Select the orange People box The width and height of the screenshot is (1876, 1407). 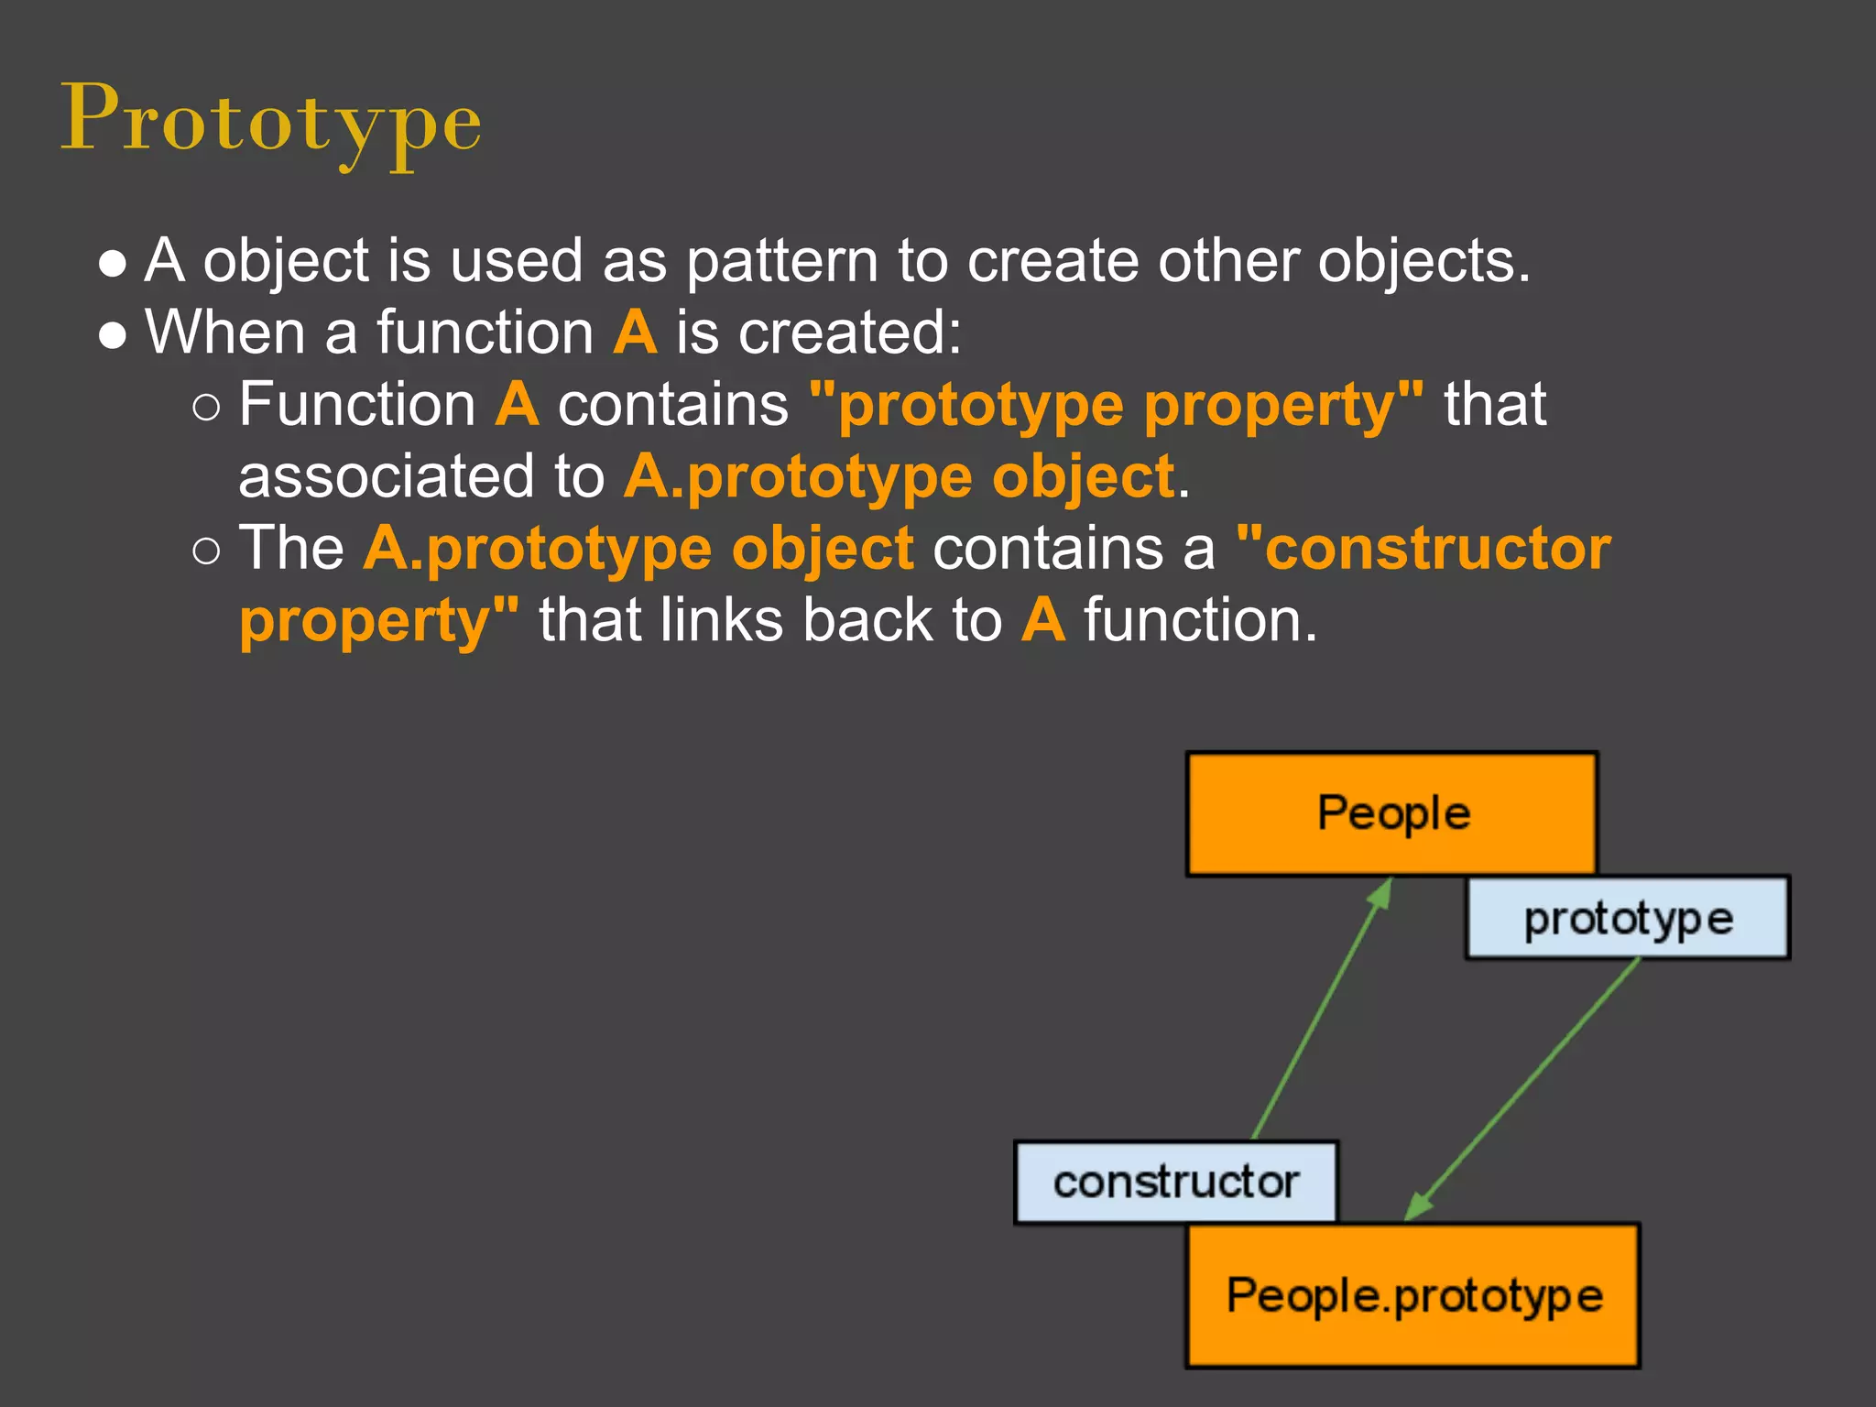(x=1391, y=813)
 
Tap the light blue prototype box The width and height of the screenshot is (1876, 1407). (x=1628, y=918)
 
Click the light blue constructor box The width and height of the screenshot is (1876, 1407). (x=1176, y=1182)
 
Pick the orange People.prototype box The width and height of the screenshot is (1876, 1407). (x=1413, y=1295)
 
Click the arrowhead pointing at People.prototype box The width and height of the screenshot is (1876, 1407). (x=1417, y=1207)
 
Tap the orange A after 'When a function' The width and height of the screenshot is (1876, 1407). (x=636, y=333)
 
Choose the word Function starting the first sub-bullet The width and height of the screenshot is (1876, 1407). (x=357, y=405)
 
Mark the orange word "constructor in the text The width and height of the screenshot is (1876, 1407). (x=1423, y=549)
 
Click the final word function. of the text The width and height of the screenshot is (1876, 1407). (x=1200, y=621)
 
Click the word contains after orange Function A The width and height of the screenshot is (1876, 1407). (x=673, y=405)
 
